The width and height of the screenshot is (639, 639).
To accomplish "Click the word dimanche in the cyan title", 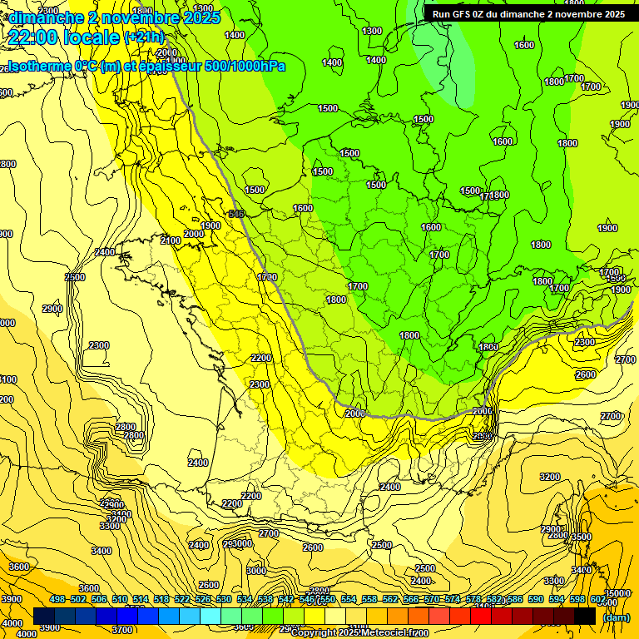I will pyautogui.click(x=42, y=17).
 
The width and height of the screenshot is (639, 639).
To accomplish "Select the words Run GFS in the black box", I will pyautogui.click(x=453, y=14).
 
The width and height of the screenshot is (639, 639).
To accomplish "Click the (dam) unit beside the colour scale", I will pyautogui.click(x=615, y=617).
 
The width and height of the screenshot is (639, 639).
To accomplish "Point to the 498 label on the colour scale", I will pyautogui.click(x=57, y=599).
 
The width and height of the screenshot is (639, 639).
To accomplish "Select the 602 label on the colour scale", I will pyautogui.click(x=598, y=599).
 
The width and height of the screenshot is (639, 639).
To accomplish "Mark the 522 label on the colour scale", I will pyautogui.click(x=182, y=599).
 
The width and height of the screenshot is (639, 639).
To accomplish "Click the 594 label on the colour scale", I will pyautogui.click(x=557, y=599).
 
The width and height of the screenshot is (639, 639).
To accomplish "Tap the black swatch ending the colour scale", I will pyautogui.click(x=585, y=616).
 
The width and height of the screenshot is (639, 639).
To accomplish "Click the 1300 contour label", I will pyautogui.click(x=373, y=31).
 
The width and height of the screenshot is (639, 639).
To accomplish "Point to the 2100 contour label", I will pyautogui.click(x=171, y=240).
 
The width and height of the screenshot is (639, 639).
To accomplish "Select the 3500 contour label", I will pyautogui.click(x=582, y=537).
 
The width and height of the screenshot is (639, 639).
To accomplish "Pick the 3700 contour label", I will pyautogui.click(x=122, y=630).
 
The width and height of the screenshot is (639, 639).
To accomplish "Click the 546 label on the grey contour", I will pyautogui.click(x=236, y=214).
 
